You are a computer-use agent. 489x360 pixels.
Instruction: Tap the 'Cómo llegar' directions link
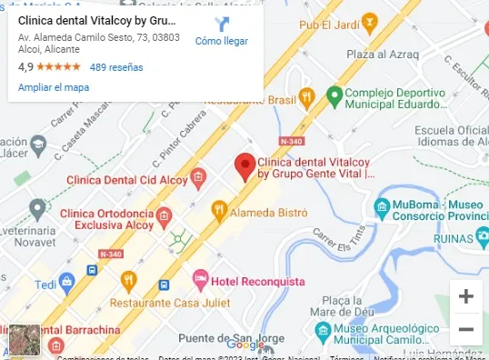tap(222, 40)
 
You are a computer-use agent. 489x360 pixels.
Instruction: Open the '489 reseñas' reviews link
tap(116, 67)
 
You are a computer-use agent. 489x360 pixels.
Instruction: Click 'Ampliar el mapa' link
tap(54, 87)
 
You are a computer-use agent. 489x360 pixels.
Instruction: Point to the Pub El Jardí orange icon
tap(369, 20)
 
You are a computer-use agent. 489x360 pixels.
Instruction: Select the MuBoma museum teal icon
tap(383, 205)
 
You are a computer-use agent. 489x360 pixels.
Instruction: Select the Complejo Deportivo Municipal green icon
tap(334, 94)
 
